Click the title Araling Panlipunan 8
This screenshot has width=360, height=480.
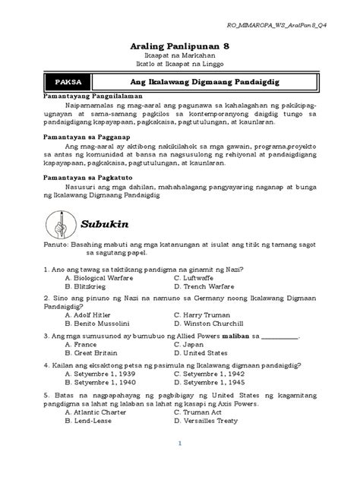180,44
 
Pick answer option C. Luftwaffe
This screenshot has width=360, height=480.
203,278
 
